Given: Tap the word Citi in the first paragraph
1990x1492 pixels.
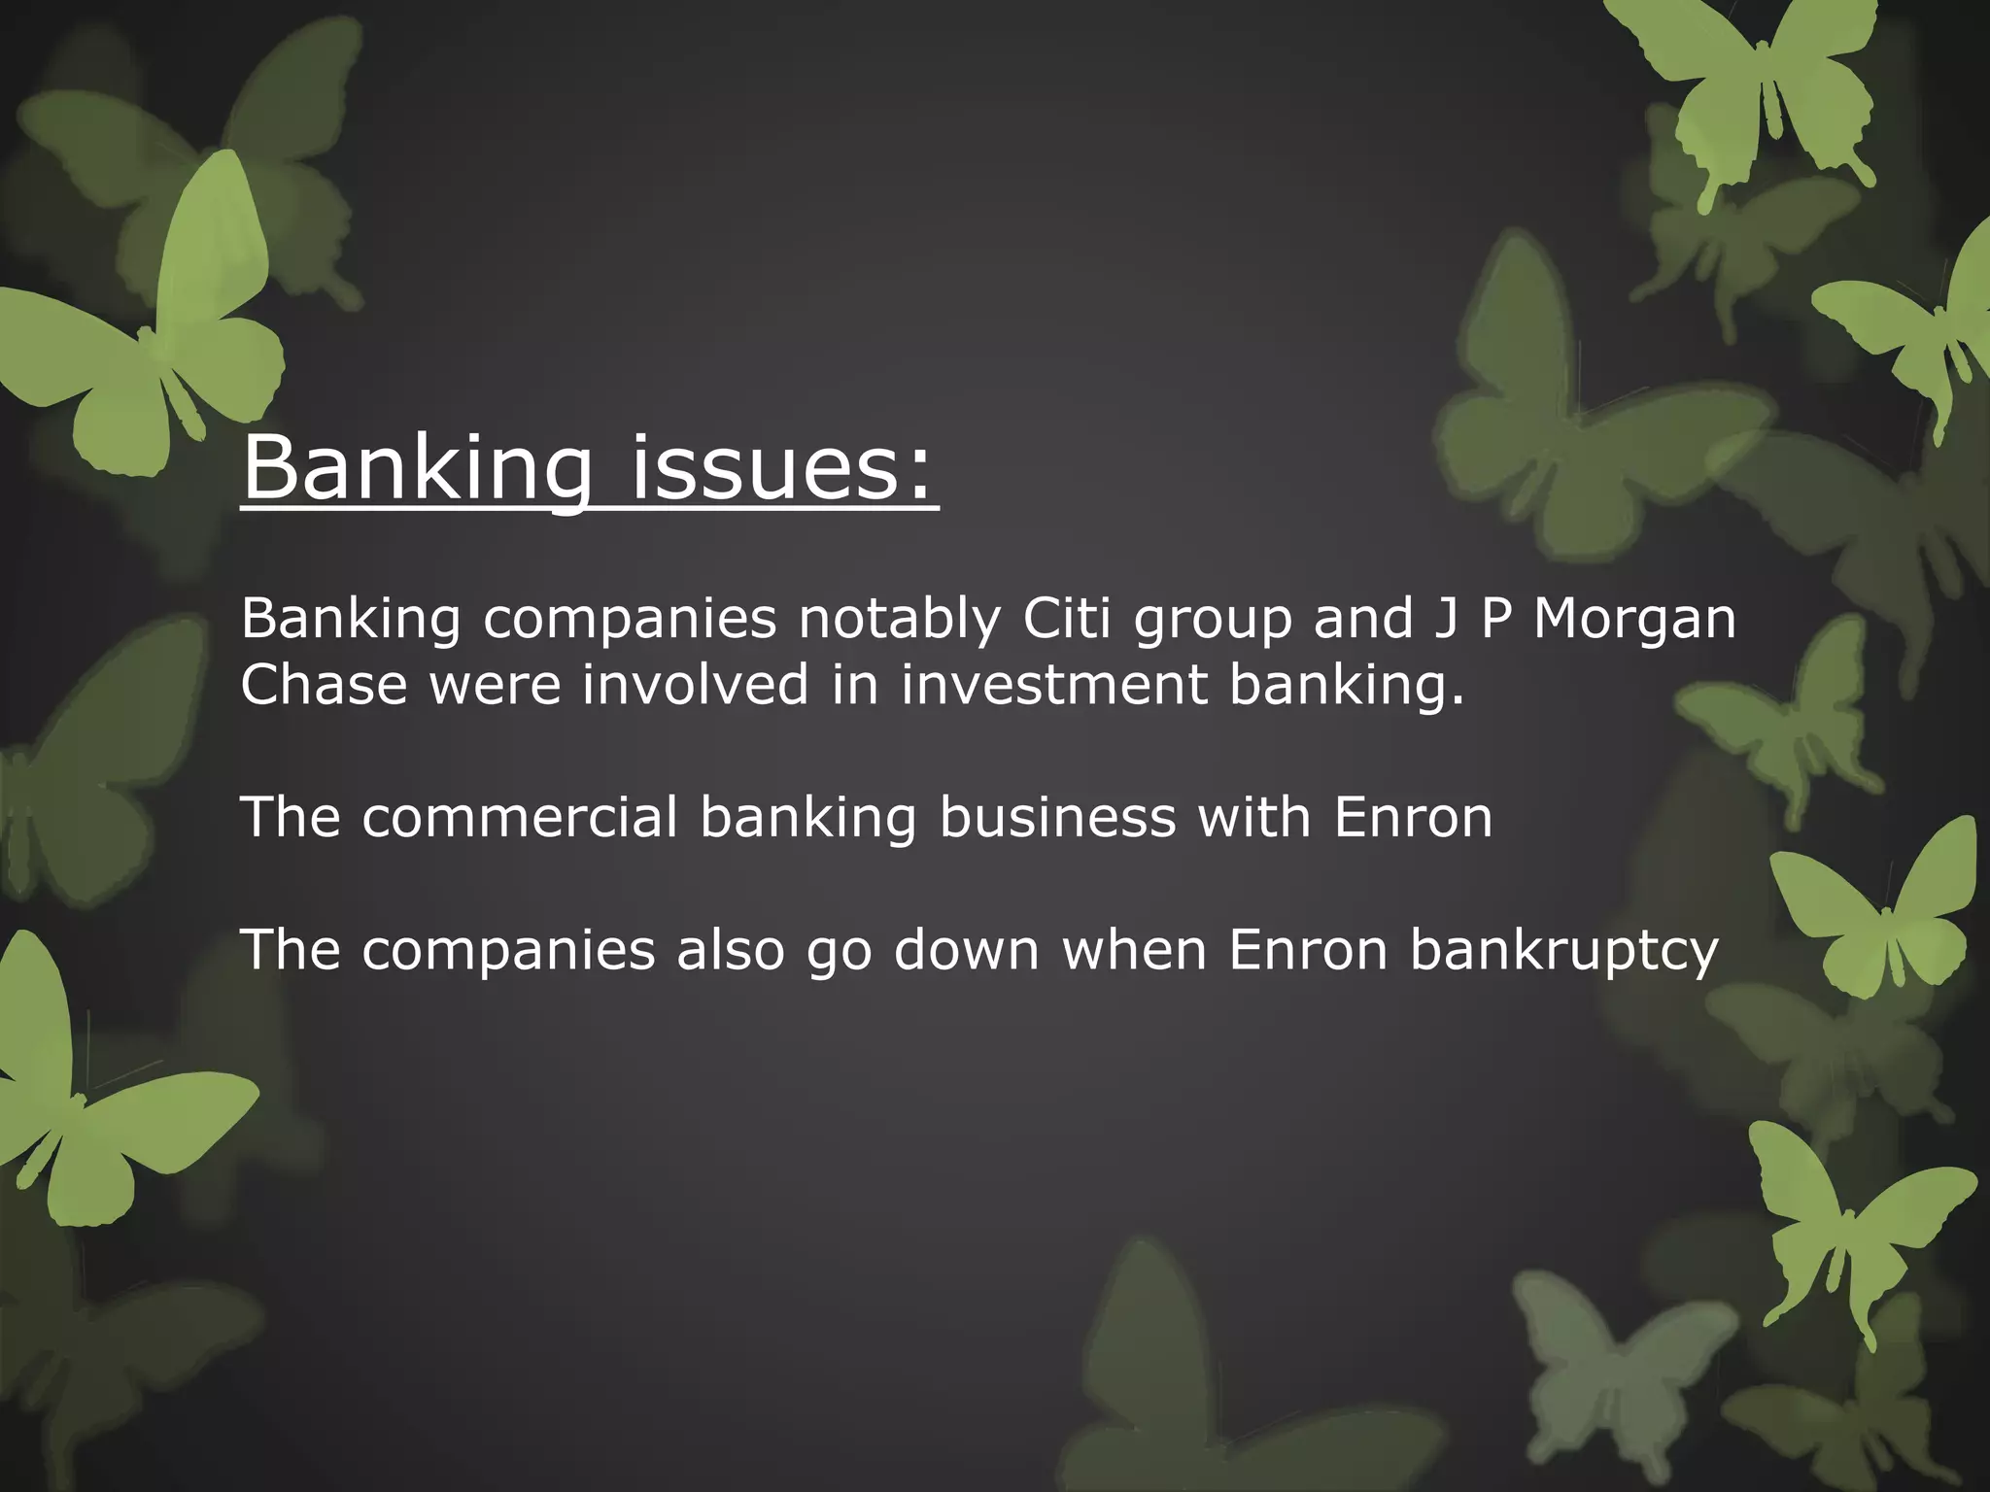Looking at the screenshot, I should tap(1066, 619).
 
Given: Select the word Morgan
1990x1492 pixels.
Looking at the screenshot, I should tap(1634, 619).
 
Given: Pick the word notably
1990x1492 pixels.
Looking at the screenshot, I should tap(899, 619).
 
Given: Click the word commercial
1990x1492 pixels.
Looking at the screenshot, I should tap(519, 817).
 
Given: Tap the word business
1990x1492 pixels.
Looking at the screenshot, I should tap(1057, 817).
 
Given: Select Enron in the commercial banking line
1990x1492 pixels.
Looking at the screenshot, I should tap(1413, 817).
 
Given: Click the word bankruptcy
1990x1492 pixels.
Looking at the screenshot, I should tap(1564, 951).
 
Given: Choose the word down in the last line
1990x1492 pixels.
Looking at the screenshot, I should tap(966, 949).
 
